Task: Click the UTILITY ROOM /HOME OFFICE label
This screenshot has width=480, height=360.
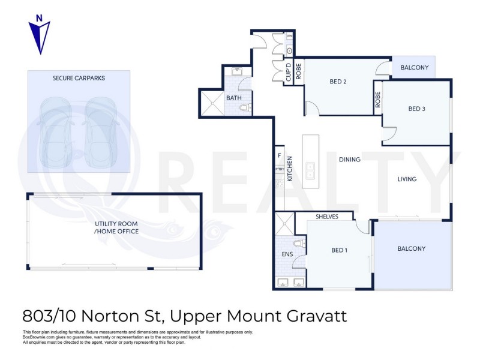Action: [116, 227]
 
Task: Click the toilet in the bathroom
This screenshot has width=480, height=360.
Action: [245, 109]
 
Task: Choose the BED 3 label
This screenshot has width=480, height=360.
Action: [416, 109]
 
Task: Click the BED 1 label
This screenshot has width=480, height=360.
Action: [339, 250]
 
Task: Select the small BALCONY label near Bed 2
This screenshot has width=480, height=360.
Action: [414, 68]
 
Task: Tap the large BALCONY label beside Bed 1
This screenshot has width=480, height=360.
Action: [411, 248]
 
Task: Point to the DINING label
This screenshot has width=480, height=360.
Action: [349, 160]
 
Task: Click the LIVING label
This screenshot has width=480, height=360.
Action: [407, 179]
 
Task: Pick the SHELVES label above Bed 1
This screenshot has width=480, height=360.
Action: [326, 217]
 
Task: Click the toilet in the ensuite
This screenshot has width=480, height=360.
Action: [299, 244]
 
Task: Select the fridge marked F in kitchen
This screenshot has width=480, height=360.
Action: [279, 156]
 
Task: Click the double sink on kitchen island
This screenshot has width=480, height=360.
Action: [310, 171]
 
